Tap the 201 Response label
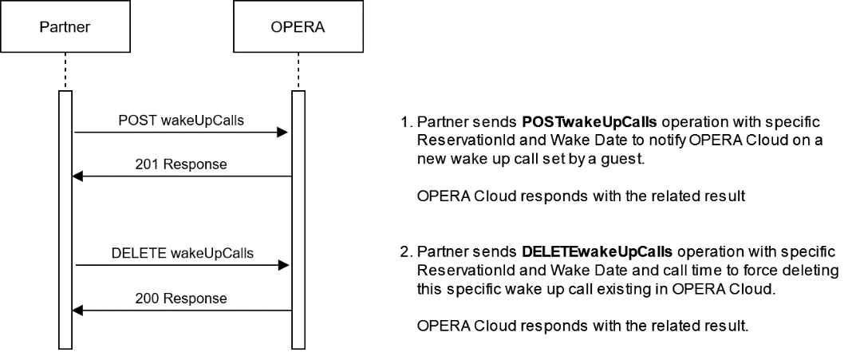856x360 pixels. (181, 165)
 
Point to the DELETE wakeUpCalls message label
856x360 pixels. (181, 253)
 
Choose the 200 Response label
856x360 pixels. (181, 299)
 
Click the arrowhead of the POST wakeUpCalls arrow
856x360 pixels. (282, 133)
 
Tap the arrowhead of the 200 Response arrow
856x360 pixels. (77, 311)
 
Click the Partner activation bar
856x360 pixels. (65, 220)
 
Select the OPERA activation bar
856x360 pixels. (298, 220)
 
